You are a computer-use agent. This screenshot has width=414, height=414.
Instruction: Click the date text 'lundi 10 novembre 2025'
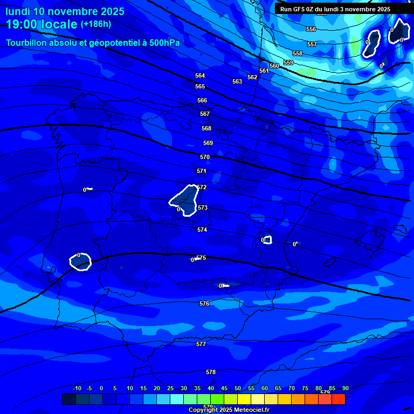tap(65, 11)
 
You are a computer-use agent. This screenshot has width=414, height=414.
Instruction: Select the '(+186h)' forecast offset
tap(96, 24)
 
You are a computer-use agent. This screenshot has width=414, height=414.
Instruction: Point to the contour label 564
tap(200, 76)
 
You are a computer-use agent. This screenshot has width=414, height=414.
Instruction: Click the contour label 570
tap(205, 157)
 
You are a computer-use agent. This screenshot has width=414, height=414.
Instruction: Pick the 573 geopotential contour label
tap(203, 208)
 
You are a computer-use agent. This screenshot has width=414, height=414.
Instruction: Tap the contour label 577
tap(201, 344)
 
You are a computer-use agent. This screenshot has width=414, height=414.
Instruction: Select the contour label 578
tap(211, 372)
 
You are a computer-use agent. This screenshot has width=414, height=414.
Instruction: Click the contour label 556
tap(311, 30)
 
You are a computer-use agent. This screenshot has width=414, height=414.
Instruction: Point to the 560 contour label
tap(274, 66)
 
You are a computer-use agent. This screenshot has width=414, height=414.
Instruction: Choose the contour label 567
tap(205, 114)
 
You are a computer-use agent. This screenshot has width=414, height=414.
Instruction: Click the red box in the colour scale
tap(339, 399)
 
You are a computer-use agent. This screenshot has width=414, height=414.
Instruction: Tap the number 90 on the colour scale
tap(345, 389)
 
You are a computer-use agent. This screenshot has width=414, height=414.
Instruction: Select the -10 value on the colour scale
tap(77, 389)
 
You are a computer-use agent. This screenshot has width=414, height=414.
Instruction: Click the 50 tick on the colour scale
tap(238, 389)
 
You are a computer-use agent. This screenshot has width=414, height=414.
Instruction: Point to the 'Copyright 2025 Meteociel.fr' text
tap(229, 410)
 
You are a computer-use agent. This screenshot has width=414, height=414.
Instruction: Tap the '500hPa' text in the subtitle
tap(165, 43)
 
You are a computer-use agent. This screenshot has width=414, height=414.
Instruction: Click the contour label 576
tap(204, 304)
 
